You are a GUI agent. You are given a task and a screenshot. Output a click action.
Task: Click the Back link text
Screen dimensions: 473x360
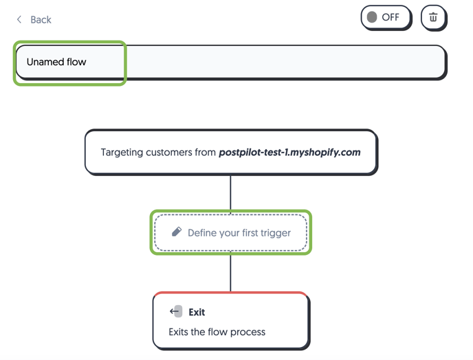point(41,20)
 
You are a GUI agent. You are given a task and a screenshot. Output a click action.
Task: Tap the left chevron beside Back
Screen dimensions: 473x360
point(19,20)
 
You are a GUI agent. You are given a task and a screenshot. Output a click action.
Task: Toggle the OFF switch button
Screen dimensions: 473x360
point(386,17)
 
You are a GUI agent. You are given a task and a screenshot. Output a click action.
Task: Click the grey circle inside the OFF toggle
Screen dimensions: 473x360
point(372,17)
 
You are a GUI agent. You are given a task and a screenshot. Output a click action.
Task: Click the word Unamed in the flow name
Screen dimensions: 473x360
point(45,62)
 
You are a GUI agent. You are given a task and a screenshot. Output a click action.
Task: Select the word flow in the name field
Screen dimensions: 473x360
point(76,62)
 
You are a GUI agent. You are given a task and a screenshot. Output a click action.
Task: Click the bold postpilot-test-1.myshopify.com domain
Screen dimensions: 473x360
point(289,153)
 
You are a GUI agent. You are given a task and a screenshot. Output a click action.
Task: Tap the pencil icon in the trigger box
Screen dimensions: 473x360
point(177,232)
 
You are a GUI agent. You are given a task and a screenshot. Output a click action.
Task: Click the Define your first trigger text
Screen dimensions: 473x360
point(239,233)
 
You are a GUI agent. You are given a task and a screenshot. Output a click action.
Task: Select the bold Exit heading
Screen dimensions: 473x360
point(197,312)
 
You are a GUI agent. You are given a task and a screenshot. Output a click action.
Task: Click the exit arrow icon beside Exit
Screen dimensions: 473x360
point(176,311)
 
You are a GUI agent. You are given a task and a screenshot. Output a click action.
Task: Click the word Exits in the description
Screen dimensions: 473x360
point(178,332)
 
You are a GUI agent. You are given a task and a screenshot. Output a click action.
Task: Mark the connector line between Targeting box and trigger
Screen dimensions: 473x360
point(231,193)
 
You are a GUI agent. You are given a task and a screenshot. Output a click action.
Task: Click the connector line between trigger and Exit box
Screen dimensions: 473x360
point(231,273)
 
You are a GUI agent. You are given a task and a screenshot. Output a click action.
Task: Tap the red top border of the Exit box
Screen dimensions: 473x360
point(231,293)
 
